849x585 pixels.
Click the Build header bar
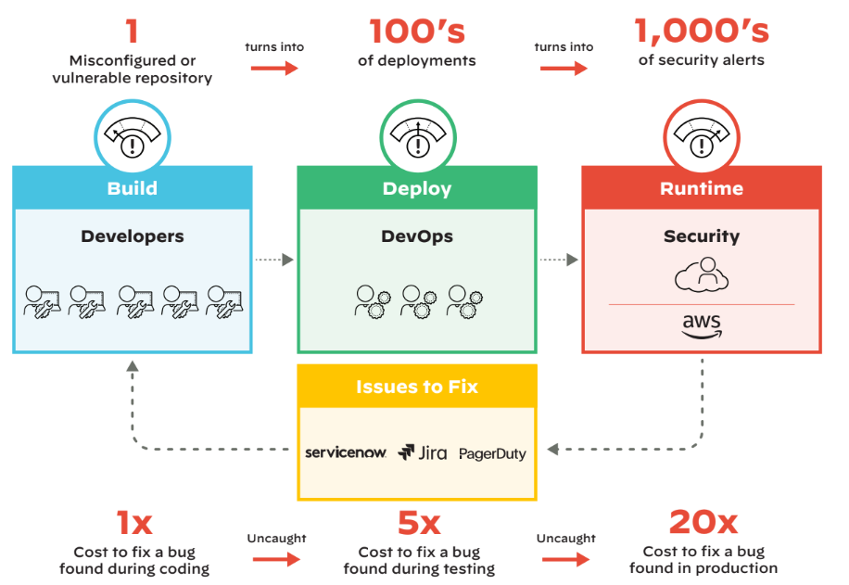click(x=132, y=188)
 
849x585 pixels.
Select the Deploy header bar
click(x=417, y=188)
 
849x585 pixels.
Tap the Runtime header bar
click(x=702, y=188)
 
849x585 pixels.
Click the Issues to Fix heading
click(x=417, y=387)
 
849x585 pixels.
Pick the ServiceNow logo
click(x=345, y=452)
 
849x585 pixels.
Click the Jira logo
click(x=423, y=452)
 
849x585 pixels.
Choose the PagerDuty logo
click(x=492, y=453)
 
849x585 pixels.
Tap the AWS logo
click(x=702, y=326)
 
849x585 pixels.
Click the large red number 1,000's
click(x=702, y=32)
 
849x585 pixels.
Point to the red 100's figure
click(x=417, y=32)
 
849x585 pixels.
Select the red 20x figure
click(x=703, y=523)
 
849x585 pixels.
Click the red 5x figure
click(x=418, y=525)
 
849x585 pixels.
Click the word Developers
click(x=133, y=236)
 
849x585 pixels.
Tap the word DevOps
click(x=417, y=236)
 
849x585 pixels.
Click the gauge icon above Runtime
click(x=702, y=136)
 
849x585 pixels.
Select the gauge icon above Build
click(x=132, y=136)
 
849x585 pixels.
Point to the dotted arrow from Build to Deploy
click(x=273, y=261)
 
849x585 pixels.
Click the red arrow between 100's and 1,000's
click(x=564, y=68)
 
